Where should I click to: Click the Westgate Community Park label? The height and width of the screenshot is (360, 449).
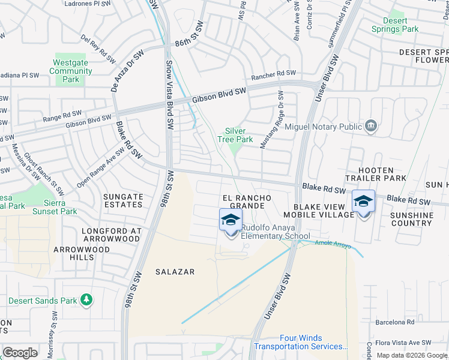point(71,71)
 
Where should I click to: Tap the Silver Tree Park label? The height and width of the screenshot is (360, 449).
point(239,135)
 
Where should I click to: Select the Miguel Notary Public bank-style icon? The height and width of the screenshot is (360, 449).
point(372,126)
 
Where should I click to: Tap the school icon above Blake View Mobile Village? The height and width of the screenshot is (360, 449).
point(363,202)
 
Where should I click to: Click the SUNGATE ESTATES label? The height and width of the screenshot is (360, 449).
point(122,200)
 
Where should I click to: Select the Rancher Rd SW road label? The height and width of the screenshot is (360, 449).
point(274,74)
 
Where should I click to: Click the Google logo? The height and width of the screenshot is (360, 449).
point(20,353)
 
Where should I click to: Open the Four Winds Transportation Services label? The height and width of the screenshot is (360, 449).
point(301,343)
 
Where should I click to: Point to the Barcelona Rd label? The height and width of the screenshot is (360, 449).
point(394,322)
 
